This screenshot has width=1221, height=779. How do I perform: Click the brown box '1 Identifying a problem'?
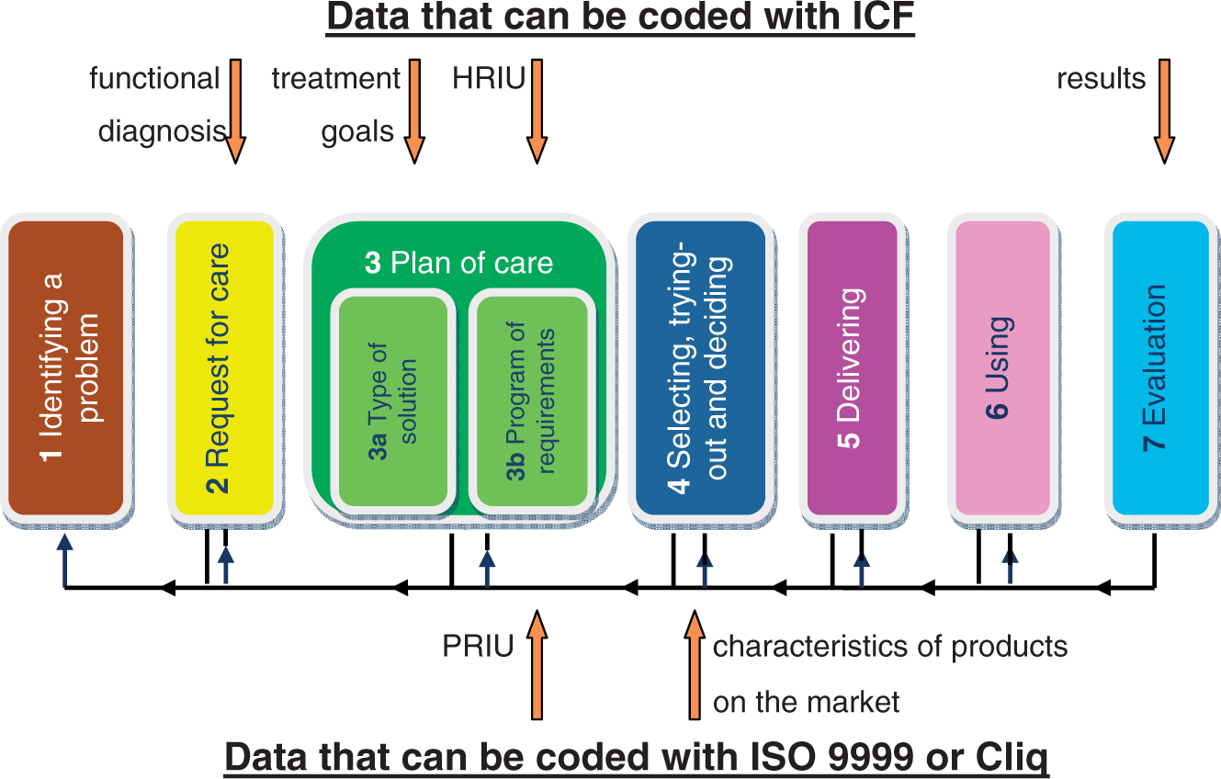pyautogui.click(x=66, y=368)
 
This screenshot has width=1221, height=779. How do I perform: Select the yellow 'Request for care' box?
pyautogui.click(x=224, y=368)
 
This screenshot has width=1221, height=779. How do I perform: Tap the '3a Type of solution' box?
pyautogui.click(x=393, y=401)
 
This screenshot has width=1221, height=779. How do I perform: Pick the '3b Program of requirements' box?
pyautogui.click(x=531, y=401)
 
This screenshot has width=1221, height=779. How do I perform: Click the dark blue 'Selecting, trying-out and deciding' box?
pyautogui.click(x=700, y=368)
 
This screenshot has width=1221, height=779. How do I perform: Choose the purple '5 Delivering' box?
pyautogui.click(x=852, y=368)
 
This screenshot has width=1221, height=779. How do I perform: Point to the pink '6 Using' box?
pyautogui.click(x=1002, y=368)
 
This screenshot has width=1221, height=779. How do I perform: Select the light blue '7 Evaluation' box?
pyautogui.click(x=1160, y=368)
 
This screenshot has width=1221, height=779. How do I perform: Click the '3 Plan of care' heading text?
pyautogui.click(x=458, y=263)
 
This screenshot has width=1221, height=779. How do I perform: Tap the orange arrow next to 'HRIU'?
pyautogui.click(x=537, y=111)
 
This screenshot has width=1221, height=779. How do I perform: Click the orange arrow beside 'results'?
pyautogui.click(x=1164, y=111)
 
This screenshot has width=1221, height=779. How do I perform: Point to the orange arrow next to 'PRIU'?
pyautogui.click(x=537, y=664)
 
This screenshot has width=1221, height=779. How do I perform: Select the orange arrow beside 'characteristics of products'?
pyautogui.click(x=695, y=664)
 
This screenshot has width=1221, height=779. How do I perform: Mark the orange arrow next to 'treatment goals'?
pyautogui.click(x=414, y=111)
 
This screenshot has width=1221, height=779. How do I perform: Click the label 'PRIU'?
pyautogui.click(x=478, y=647)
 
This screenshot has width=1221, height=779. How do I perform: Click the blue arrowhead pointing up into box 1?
pyautogui.click(x=65, y=542)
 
